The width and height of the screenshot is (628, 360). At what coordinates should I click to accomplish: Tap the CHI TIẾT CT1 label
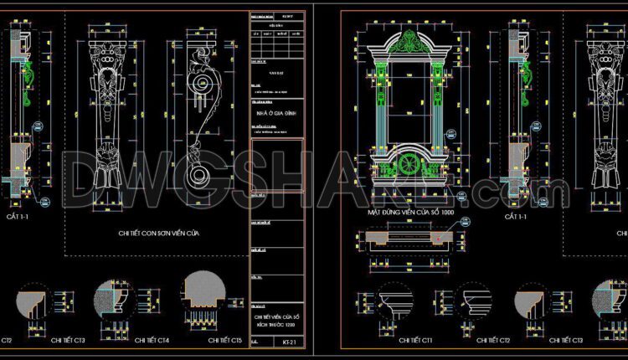pyautogui.click(x=416, y=341)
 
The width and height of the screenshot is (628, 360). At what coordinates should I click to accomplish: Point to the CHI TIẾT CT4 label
pyautogui.click(x=152, y=341)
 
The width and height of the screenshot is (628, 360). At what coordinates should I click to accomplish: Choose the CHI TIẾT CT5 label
pyautogui.click(x=224, y=341)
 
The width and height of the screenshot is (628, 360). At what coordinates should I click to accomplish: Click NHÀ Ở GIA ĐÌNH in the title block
pyautogui.click(x=276, y=111)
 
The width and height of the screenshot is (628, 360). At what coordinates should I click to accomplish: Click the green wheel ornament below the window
pyautogui.click(x=409, y=164)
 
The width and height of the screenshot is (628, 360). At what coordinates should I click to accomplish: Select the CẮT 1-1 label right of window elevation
pyautogui.click(x=516, y=218)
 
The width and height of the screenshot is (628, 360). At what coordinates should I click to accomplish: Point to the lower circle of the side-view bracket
pyautogui.click(x=200, y=176)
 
